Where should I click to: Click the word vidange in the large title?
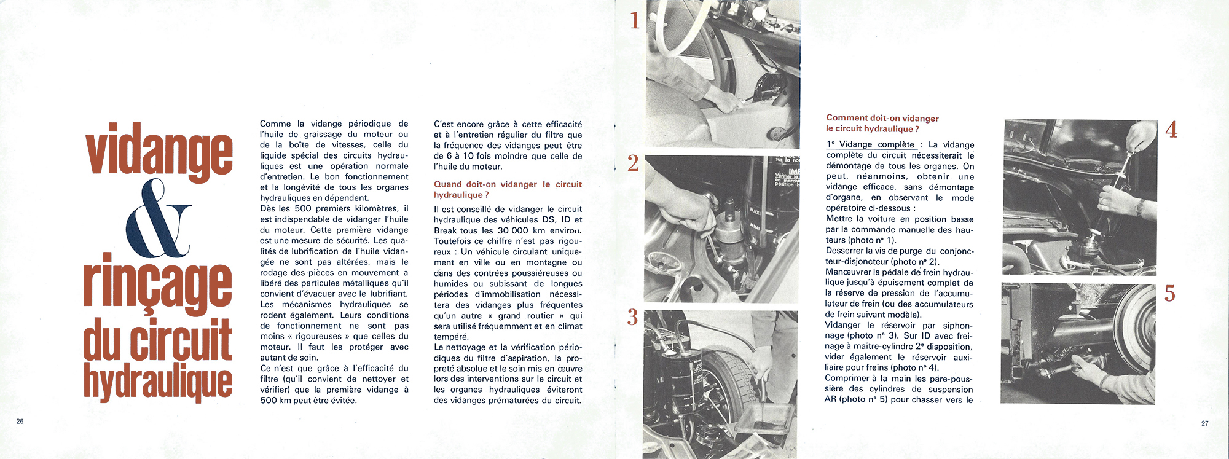tap(159, 151)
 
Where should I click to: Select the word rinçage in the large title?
tap(158, 285)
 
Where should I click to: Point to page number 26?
tap(20, 422)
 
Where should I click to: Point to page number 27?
tap(1205, 423)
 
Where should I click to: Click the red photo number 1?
tap(635, 21)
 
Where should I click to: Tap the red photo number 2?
tap(633, 163)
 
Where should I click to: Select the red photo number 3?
tap(633, 317)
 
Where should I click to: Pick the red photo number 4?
tap(1171, 130)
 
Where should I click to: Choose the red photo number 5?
tap(1170, 294)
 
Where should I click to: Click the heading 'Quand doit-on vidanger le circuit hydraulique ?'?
tap(508, 189)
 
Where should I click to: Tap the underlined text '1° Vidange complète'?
tap(871, 144)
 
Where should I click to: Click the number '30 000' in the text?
tap(513, 230)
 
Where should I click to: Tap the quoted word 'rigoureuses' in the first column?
tap(318, 336)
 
